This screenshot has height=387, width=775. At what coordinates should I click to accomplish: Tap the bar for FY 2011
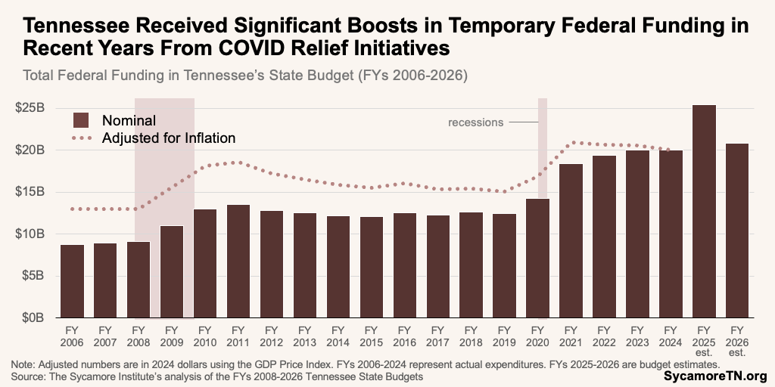tap(238, 262)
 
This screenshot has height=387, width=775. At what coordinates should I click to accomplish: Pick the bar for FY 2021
tap(571, 241)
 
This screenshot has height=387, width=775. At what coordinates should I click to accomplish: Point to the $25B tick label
tap(31, 107)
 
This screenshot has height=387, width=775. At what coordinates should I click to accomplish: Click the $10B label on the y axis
tap(31, 234)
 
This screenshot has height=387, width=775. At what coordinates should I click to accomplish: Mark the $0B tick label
tap(33, 317)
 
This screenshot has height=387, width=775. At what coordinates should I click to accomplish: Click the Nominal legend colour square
tap(81, 119)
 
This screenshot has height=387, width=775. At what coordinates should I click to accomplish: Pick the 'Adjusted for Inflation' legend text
tap(169, 138)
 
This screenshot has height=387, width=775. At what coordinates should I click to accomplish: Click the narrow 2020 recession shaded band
tap(543, 144)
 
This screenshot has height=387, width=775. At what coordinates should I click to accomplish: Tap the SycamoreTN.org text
tap(715, 376)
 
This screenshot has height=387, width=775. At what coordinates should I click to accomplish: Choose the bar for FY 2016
tap(404, 265)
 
